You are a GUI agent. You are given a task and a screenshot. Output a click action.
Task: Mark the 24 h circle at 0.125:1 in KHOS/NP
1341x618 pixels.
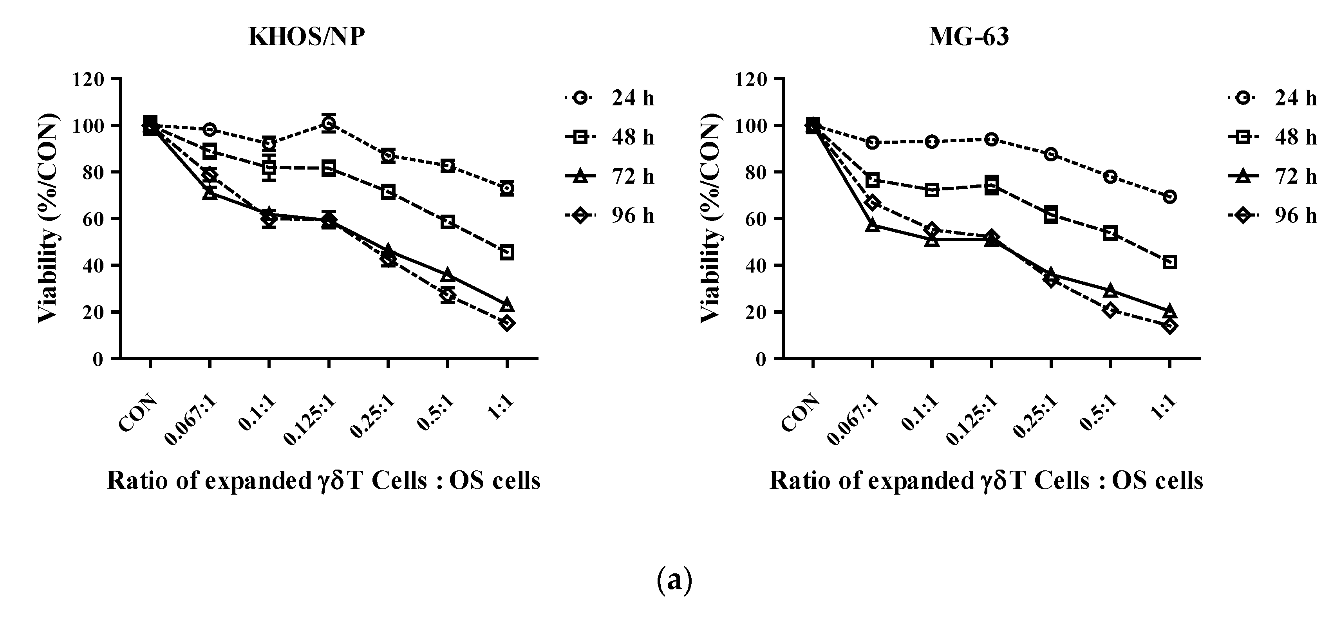(x=329, y=123)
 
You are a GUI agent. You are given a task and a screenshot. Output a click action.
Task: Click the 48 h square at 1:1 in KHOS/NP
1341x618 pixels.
(x=507, y=253)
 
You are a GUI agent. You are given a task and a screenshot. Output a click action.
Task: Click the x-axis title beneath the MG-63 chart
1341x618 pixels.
(x=986, y=481)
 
